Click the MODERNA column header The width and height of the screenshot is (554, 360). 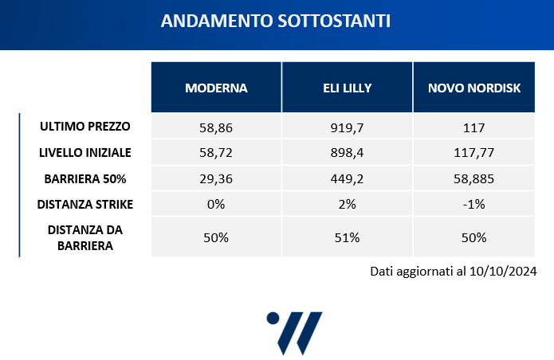click(x=216, y=87)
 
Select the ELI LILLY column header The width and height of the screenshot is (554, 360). click(x=347, y=87)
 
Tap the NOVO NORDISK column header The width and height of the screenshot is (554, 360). click(x=474, y=87)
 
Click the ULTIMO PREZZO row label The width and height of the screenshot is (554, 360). click(x=84, y=126)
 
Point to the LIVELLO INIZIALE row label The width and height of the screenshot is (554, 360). click(x=84, y=151)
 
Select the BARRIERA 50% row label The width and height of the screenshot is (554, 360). click(x=84, y=178)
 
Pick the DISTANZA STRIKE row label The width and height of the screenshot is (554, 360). click(x=84, y=204)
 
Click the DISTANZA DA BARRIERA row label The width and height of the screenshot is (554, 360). click(x=84, y=237)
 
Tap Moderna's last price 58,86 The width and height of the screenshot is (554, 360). click(x=216, y=127)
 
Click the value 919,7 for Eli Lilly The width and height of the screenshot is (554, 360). click(x=347, y=127)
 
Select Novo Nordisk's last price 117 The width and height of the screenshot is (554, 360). click(x=474, y=127)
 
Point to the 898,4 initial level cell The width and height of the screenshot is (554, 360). click(x=347, y=152)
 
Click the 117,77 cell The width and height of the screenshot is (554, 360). click(x=474, y=152)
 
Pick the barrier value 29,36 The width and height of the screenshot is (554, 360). click(x=216, y=178)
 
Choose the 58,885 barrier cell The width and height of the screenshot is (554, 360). click(x=474, y=178)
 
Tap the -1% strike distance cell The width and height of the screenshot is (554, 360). click(x=474, y=204)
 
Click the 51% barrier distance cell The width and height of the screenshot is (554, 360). click(x=347, y=237)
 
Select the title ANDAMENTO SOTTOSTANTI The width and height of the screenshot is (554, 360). click(x=276, y=22)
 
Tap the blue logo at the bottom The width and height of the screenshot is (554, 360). click(x=294, y=331)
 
